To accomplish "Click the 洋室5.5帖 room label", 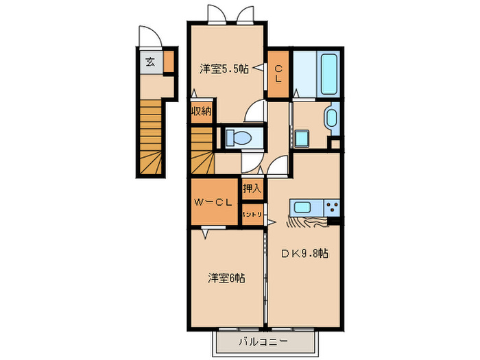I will (224, 69).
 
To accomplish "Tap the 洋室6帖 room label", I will (227, 278).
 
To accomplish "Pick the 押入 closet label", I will (252, 188).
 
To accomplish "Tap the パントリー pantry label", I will (252, 215).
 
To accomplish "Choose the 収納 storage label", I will (201, 111).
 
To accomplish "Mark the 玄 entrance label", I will (149, 62).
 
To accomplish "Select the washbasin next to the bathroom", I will (332, 117).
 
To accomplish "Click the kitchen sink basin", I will (303, 207).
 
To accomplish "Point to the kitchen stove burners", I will (332, 207).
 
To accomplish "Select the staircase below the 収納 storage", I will (202, 150).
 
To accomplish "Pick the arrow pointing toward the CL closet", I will (259, 68).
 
